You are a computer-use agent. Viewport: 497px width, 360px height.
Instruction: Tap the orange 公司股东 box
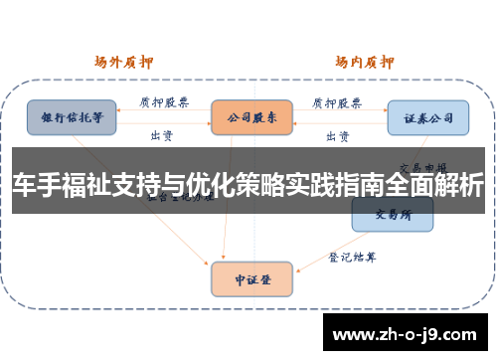(251, 117)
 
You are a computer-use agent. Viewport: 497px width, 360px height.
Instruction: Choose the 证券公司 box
(427, 117)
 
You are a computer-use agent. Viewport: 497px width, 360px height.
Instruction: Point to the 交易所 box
(392, 214)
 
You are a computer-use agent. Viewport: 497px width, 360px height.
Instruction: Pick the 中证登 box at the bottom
(251, 279)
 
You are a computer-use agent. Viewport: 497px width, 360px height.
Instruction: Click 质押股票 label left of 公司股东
(161, 102)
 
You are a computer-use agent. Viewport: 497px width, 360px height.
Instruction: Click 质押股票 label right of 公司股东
(337, 102)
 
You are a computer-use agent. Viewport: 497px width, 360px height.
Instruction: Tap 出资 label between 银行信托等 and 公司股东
(162, 134)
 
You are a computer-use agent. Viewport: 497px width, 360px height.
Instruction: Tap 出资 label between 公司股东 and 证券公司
(337, 134)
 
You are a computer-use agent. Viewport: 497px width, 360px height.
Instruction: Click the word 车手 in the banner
(39, 185)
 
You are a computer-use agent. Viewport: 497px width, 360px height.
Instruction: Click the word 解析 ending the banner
(464, 185)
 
